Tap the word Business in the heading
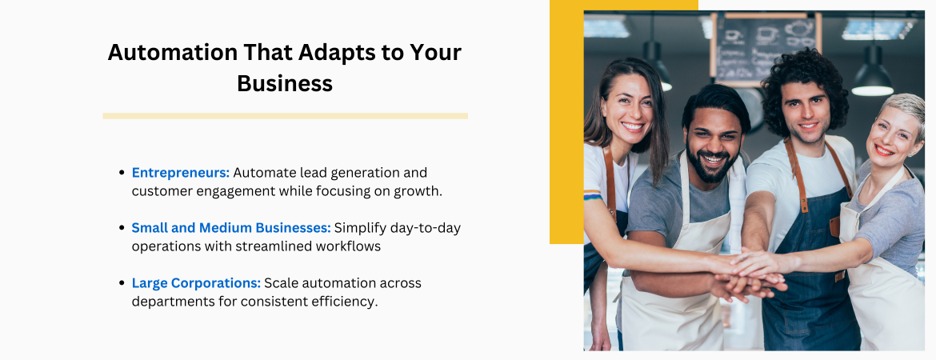coord(285,83)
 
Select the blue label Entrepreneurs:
coord(181,173)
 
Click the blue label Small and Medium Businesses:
coord(231,227)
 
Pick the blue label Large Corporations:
coord(196,283)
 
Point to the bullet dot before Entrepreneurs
coord(121,173)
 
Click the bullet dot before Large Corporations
coord(121,283)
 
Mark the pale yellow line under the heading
coord(286,116)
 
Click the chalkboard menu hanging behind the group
coord(766,48)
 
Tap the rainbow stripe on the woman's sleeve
coord(593,194)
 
